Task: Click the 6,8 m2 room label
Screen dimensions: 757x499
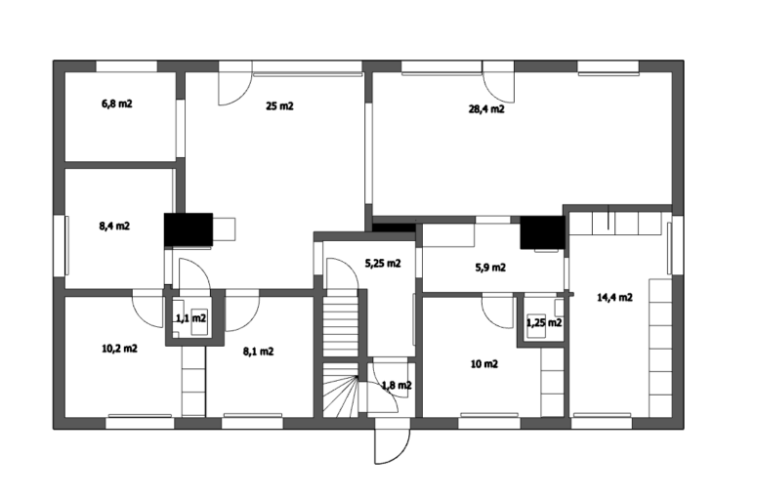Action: point(117,104)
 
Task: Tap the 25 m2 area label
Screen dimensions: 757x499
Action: point(279,105)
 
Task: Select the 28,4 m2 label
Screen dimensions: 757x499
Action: point(486,109)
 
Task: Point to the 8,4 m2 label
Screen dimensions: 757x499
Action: point(114,226)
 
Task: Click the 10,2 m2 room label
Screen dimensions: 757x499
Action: point(120,349)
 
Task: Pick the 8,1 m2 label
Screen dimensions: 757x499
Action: point(258,352)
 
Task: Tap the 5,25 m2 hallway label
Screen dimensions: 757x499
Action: point(383,264)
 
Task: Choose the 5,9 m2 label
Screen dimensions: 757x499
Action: point(490,268)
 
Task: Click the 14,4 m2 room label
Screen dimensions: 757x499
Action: point(615,297)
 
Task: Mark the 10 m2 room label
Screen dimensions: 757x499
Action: point(484,364)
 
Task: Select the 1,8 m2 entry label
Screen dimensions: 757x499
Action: point(397,386)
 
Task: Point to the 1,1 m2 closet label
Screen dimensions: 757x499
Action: point(191,318)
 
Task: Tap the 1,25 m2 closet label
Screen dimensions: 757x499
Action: point(544,322)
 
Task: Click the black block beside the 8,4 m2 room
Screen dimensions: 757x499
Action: point(189,229)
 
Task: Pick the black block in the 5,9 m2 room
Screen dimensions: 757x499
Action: point(542,232)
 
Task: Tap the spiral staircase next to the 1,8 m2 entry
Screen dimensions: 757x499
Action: point(341,390)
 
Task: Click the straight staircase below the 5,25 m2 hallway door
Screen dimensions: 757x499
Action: point(341,323)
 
